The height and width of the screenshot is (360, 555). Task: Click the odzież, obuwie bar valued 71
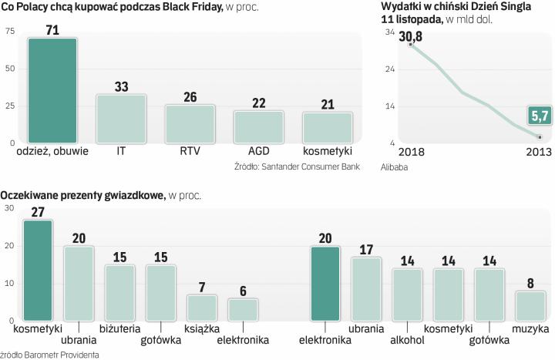click(52, 90)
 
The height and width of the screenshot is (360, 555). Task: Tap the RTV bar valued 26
click(190, 124)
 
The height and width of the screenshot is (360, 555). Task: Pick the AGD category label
click(259, 151)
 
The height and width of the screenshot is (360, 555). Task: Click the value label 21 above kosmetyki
click(328, 104)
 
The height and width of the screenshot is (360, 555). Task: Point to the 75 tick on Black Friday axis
click(9, 31)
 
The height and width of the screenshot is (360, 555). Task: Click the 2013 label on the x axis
click(538, 151)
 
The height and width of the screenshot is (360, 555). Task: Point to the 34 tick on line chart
click(389, 32)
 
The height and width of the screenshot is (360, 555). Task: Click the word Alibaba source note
click(394, 167)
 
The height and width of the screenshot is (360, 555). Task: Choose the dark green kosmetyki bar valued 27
click(38, 270)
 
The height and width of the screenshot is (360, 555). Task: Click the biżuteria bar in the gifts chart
click(120, 292)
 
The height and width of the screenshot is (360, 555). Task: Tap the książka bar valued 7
click(203, 308)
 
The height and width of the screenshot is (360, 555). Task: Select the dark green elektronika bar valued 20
click(325, 283)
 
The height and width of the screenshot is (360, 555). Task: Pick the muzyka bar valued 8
click(530, 305)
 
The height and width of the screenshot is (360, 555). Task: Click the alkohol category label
click(407, 340)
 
